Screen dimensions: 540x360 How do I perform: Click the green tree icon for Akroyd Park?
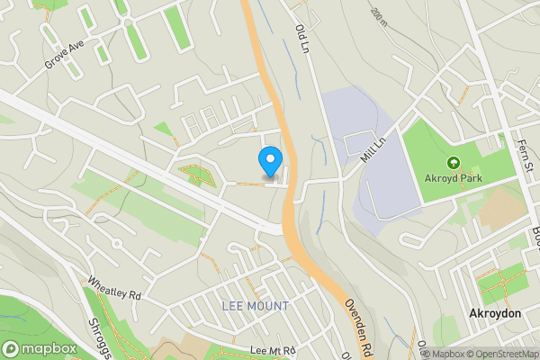click(x=452, y=163)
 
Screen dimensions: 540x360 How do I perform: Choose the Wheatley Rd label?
click(x=114, y=288)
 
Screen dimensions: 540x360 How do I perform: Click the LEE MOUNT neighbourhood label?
click(x=256, y=307)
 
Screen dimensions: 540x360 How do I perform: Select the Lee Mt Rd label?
click(x=274, y=349)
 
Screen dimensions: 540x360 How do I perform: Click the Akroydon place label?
click(x=495, y=313)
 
